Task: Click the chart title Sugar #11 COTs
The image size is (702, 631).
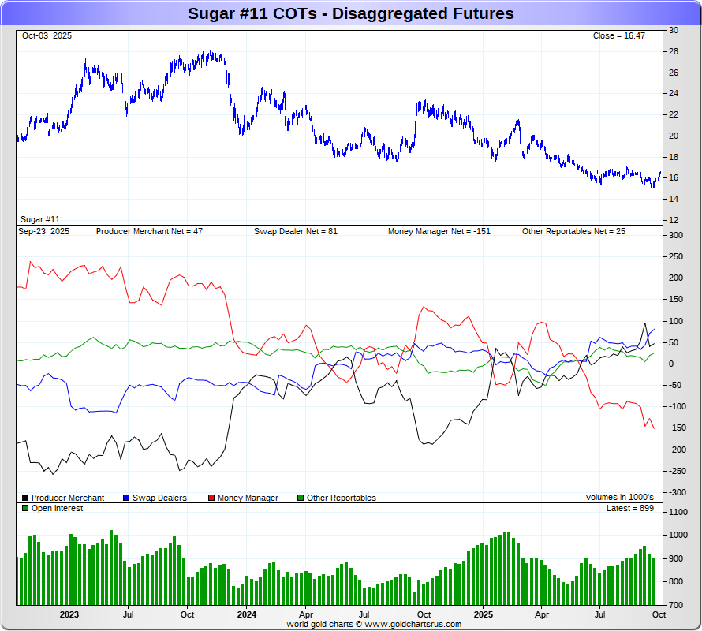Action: pos(350,13)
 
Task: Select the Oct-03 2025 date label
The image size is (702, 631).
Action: pos(47,36)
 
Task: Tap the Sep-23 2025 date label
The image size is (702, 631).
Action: pos(44,232)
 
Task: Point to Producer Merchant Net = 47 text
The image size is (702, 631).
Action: pos(149,232)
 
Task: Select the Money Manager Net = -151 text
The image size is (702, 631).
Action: pos(439,232)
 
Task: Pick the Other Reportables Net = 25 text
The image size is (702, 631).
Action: pos(573,232)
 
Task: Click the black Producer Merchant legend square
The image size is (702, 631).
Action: pos(25,498)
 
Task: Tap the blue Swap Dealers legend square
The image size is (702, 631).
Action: pos(126,498)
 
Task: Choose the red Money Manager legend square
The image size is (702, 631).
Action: pos(211,498)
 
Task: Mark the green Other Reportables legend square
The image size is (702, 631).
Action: pos(301,498)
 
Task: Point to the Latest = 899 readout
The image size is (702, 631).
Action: pos(629,509)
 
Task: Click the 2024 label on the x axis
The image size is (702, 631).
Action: pos(247,614)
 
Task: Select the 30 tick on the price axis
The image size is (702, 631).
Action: pos(674,30)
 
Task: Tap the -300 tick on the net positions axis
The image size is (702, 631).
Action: pos(677,492)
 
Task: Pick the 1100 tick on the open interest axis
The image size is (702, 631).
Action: pos(678,512)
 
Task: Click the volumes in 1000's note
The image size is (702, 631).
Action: pos(620,498)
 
